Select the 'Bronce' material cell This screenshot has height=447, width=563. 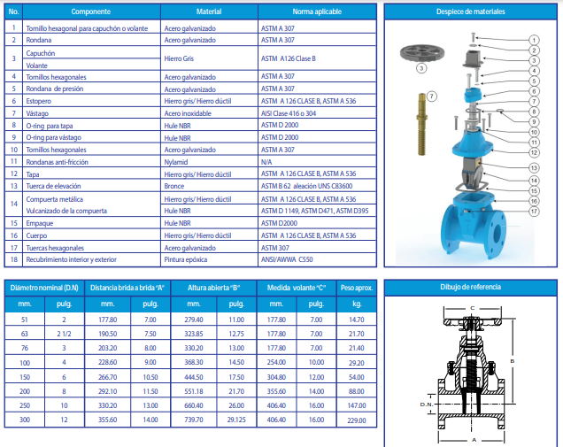(x=175, y=186)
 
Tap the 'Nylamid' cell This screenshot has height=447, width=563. (x=177, y=162)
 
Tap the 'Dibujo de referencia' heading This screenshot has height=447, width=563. (x=472, y=288)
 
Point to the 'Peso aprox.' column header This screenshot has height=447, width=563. (x=356, y=288)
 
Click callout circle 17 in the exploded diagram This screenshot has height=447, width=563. (x=534, y=212)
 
